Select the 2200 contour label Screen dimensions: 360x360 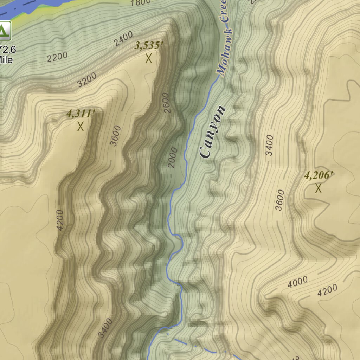point(57,56)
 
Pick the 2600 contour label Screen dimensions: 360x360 point(167,102)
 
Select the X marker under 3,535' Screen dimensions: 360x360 point(149,58)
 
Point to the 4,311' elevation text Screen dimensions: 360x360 point(81,114)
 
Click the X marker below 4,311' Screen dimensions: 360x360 point(81,126)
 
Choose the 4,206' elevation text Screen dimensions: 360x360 point(319,175)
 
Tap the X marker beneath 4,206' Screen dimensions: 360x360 point(318,188)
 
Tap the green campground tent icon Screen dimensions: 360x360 point(4,31)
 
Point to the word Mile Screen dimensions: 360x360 point(6,60)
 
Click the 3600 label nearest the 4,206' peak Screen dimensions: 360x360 point(279,200)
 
